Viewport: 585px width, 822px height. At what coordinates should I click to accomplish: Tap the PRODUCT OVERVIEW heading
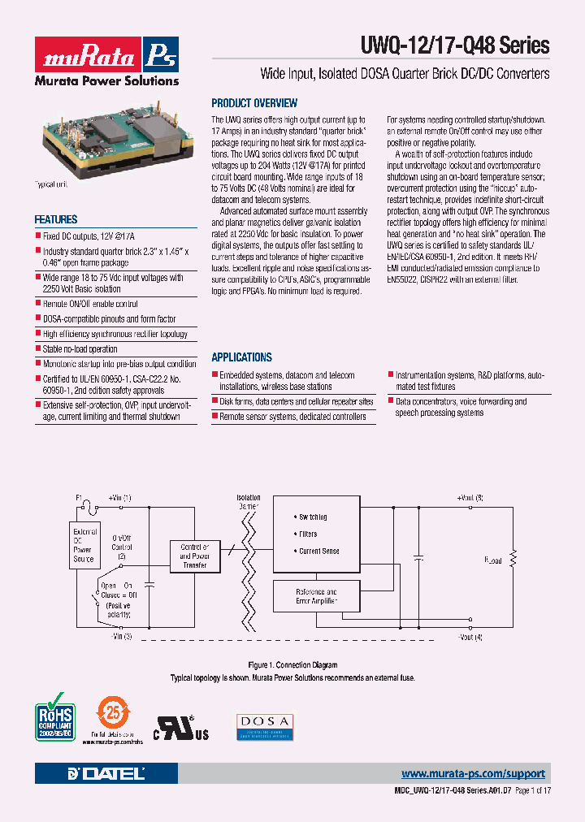(x=254, y=103)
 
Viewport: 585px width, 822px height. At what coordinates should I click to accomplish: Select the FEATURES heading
(x=56, y=219)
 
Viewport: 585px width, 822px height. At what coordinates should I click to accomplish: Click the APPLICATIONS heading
(x=241, y=357)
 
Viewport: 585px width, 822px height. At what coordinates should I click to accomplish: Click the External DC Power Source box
(x=84, y=546)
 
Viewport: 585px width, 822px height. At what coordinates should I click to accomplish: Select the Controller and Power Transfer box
(x=194, y=556)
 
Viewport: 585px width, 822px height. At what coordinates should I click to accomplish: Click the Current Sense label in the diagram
(x=319, y=552)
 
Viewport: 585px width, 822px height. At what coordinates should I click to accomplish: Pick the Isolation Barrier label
(x=249, y=501)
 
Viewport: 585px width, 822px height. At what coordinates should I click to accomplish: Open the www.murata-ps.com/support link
(x=473, y=774)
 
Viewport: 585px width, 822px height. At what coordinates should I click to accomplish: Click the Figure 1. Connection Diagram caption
(x=292, y=665)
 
